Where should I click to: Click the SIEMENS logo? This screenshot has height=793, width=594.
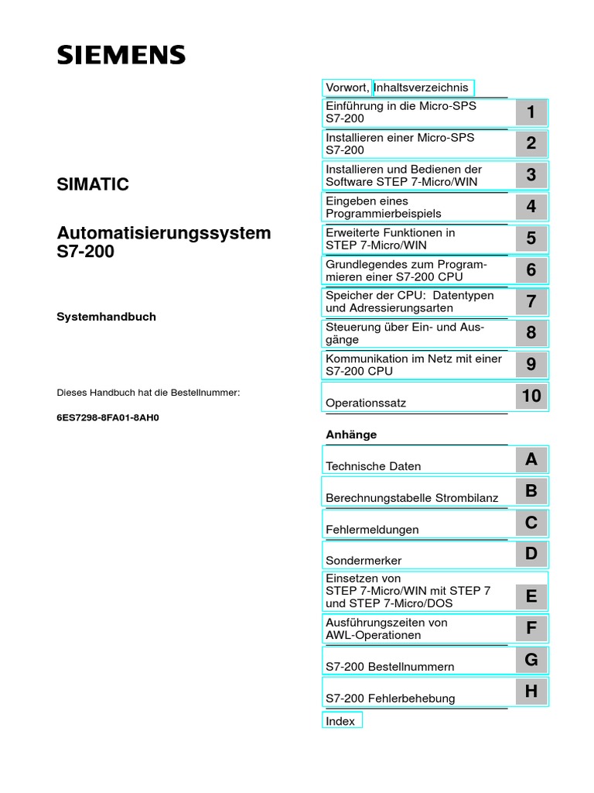click(121, 55)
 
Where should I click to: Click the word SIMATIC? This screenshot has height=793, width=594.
click(93, 184)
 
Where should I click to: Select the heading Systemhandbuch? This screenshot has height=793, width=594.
click(107, 317)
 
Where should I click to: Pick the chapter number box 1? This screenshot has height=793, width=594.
click(531, 112)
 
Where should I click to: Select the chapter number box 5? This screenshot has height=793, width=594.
click(531, 239)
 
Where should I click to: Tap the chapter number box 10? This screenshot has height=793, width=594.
click(531, 396)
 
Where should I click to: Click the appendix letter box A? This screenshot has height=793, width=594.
click(531, 460)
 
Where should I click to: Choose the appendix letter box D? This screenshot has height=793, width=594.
click(531, 554)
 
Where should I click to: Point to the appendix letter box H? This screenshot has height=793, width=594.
click(531, 692)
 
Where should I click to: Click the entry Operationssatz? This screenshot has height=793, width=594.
click(366, 403)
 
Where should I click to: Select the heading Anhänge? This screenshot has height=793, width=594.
click(351, 435)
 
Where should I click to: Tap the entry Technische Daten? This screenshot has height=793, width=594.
click(374, 466)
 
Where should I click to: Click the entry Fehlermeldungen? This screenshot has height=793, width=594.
click(372, 530)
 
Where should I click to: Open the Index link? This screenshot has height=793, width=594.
click(340, 721)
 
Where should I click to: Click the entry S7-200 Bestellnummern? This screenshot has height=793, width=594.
click(390, 667)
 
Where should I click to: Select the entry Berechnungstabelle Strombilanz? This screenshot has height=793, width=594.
click(412, 498)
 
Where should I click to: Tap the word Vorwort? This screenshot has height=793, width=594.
click(346, 88)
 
